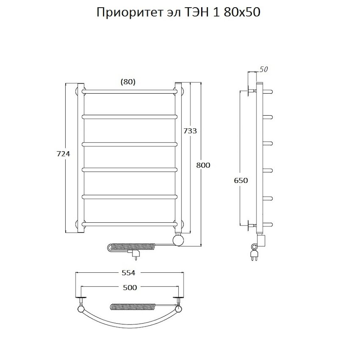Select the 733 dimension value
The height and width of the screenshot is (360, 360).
(190, 131)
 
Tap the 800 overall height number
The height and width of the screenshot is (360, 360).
(203, 165)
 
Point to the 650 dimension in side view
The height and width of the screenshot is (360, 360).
(241, 180)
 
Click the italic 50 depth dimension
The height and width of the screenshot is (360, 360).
(264, 70)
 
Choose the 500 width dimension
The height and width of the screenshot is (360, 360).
(129, 287)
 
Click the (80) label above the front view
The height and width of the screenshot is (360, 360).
(128, 82)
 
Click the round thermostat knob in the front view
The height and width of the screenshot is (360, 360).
(178, 240)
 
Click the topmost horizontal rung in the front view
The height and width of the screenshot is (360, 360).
(130, 91)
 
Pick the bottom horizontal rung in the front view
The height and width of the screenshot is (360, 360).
(130, 223)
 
